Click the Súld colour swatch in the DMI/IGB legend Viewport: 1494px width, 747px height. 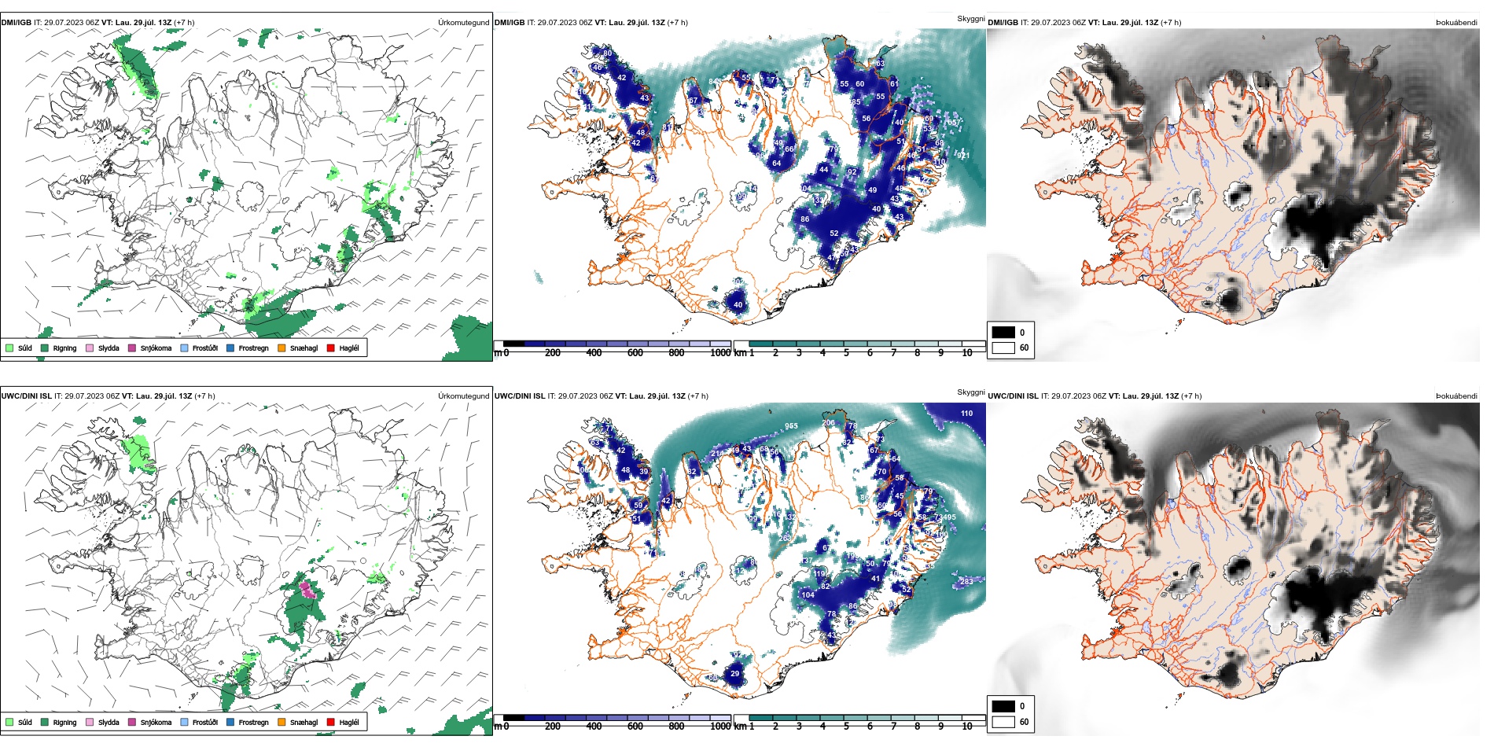(9, 348)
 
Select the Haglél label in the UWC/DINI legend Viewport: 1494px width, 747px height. (349, 722)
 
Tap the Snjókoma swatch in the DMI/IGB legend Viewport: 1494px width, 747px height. (132, 348)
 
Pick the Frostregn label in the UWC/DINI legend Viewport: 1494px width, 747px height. (253, 722)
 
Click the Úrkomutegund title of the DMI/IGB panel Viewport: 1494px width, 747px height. (463, 23)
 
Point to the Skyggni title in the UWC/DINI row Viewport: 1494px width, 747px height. (970, 392)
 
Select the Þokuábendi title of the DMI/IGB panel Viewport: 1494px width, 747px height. (1456, 23)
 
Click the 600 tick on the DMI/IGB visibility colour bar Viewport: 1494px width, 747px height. (635, 353)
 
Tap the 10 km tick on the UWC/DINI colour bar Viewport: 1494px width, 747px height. (967, 727)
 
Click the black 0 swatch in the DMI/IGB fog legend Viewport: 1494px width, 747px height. (1003, 333)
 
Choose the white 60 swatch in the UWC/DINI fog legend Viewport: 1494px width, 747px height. (1003, 721)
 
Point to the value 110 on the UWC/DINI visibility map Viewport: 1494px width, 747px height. (966, 414)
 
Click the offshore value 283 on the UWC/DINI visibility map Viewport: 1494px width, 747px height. (966, 582)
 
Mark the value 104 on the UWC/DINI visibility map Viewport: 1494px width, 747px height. (808, 595)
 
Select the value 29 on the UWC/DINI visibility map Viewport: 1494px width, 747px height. (734, 674)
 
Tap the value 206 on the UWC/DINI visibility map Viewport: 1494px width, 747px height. (829, 423)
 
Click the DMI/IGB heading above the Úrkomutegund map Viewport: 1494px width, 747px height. (17, 23)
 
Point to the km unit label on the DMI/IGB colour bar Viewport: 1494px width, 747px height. (740, 353)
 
